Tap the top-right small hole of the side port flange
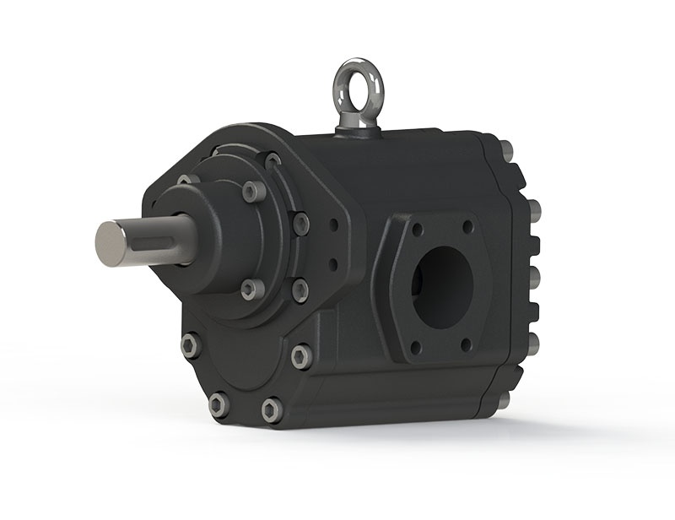467,226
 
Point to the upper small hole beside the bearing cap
334,226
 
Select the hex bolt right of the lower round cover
301,356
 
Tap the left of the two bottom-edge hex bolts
218,404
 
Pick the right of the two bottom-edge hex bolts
271,410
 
